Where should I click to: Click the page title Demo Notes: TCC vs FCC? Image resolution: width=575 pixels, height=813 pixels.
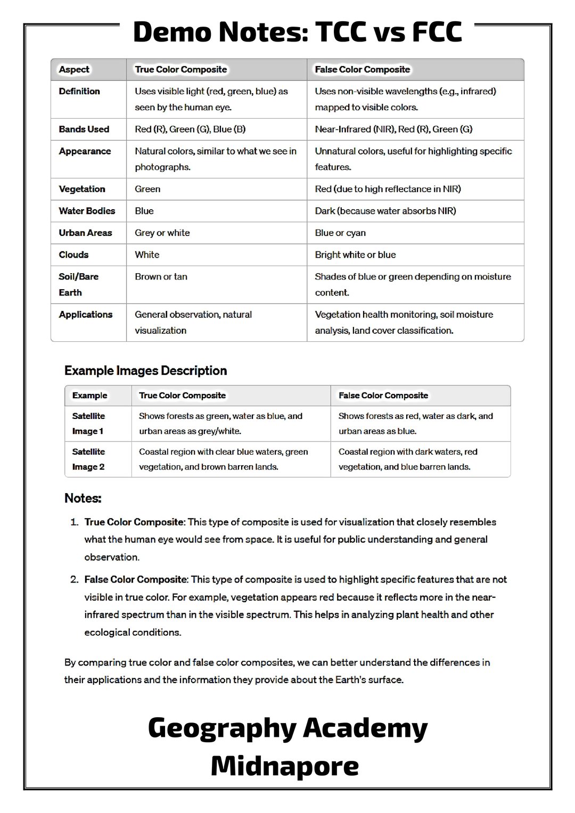coord(297,32)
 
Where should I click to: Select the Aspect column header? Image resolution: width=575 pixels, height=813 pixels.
coord(74,70)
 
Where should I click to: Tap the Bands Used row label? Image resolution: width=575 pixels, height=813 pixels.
coord(84,129)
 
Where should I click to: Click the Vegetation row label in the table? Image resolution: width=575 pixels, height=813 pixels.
coord(82,189)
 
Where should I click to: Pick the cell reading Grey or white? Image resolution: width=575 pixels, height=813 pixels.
coord(162,233)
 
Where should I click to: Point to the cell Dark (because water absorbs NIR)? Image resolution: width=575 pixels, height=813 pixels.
coord(385,211)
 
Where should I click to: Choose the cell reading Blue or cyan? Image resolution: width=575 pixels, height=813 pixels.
coord(340,233)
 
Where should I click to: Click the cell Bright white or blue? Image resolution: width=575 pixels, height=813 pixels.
coord(355,254)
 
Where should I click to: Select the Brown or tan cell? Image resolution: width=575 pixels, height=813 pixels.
coord(161,277)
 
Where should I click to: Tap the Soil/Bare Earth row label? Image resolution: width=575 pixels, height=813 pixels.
coord(78,284)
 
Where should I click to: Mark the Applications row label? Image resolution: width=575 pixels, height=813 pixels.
coord(86,315)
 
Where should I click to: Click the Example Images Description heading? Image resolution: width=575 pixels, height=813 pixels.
coord(145,371)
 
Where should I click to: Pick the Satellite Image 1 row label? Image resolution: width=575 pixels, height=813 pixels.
coord(88,424)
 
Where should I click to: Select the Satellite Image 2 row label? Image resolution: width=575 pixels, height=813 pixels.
coord(88,459)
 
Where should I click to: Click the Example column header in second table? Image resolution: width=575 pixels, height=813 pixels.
coord(89,396)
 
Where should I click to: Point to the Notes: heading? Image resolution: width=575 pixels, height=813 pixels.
coord(83,498)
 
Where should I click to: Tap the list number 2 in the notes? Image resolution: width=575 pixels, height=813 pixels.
coord(75,579)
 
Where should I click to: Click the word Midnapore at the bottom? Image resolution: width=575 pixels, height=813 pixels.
coord(285,766)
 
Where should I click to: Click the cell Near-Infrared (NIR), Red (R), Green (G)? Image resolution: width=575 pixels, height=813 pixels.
coord(393,129)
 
